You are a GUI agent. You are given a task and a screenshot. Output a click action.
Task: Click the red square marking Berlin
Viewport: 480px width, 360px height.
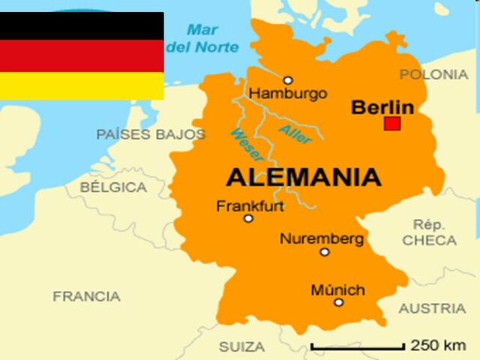pyautogui.click(x=391, y=124)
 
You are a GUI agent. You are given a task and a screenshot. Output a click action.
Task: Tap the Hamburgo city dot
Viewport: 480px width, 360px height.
pyautogui.click(x=287, y=80)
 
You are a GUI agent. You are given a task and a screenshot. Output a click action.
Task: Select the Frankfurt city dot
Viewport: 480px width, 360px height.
pyautogui.click(x=248, y=218)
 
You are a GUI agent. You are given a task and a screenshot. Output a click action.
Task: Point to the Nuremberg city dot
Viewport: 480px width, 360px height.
pyautogui.click(x=325, y=252)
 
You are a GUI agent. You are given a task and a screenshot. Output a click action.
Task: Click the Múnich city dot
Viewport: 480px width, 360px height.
pyautogui.click(x=339, y=302)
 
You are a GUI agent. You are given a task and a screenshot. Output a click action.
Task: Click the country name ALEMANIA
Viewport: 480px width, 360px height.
pyautogui.click(x=303, y=178)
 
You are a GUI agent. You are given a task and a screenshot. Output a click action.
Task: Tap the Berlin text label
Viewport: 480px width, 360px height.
pyautogui.click(x=382, y=107)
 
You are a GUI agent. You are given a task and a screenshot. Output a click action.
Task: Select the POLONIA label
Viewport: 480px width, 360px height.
pyautogui.click(x=433, y=74)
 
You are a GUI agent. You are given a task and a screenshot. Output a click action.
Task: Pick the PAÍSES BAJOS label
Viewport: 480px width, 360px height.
pyautogui.click(x=151, y=134)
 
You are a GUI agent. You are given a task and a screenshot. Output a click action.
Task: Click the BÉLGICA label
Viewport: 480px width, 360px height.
pyautogui.click(x=113, y=187)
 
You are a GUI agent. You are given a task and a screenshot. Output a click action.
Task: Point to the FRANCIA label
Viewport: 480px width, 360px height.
pyautogui.click(x=86, y=296)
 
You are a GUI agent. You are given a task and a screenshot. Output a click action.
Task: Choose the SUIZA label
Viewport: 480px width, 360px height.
pyautogui.click(x=241, y=347)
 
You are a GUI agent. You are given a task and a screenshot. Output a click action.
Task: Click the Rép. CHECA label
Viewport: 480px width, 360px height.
pyautogui.click(x=429, y=232)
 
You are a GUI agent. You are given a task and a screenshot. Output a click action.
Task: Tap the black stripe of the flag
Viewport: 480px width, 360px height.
pyautogui.click(x=82, y=25)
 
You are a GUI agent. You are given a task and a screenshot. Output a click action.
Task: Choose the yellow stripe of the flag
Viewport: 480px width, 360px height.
pyautogui.click(x=82, y=85)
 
